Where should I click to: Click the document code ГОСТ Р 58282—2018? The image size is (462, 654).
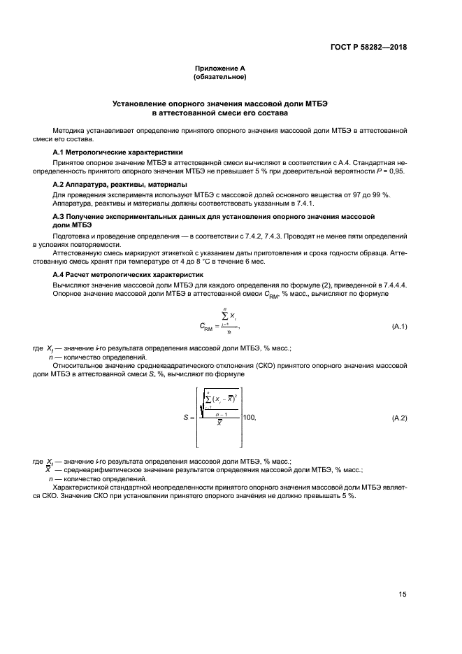368,48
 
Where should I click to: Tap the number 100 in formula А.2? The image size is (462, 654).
247,418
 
